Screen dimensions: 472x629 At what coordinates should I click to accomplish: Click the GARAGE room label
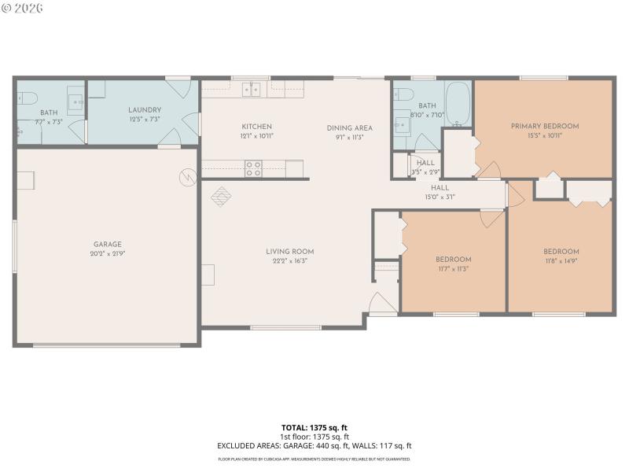tap(109, 244)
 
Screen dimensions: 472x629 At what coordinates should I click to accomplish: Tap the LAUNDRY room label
tap(145, 110)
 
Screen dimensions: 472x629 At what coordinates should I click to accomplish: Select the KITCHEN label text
tap(256, 127)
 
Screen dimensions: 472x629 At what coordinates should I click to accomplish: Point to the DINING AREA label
tap(350, 127)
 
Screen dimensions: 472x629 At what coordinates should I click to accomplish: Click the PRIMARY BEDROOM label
tap(544, 126)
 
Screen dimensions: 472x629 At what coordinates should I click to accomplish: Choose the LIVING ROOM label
tap(290, 252)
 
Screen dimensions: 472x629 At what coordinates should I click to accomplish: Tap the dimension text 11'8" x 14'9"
tap(561, 260)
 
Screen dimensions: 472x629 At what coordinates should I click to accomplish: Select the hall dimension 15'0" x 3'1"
tap(440, 197)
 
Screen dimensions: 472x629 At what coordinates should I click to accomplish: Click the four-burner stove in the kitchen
tap(253, 168)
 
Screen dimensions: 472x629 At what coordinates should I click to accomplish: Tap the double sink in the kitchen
tap(252, 89)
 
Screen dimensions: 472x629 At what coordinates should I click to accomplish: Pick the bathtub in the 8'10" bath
tap(458, 104)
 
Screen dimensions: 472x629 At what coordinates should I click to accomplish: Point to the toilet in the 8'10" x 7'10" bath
tap(403, 94)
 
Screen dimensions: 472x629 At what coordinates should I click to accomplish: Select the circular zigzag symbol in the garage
tap(188, 177)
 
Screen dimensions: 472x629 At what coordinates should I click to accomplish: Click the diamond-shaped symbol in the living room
tap(222, 194)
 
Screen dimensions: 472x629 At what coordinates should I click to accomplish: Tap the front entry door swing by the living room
tap(379, 303)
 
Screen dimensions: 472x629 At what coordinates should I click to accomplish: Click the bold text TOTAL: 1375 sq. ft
tap(314, 428)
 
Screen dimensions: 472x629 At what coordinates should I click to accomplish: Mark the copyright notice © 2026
tap(23, 8)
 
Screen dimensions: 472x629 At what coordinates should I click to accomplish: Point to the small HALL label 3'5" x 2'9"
tap(425, 163)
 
